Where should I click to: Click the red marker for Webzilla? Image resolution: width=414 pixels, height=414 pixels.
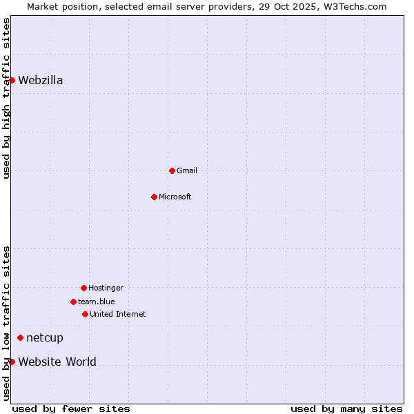tap(12, 80)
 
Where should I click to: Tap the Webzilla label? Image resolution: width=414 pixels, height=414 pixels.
tap(41, 80)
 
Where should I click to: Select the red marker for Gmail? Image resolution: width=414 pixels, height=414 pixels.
tap(172, 170)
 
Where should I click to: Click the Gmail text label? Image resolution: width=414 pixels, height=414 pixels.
tap(187, 170)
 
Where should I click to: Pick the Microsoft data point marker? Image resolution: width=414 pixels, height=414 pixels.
tap(154, 197)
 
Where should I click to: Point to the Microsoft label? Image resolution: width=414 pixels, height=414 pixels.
tap(175, 197)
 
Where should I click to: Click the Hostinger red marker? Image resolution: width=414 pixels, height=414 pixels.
tap(83, 288)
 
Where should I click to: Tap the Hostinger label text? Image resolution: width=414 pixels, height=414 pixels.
tap(106, 288)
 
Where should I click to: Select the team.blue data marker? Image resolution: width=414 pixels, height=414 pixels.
tap(73, 302)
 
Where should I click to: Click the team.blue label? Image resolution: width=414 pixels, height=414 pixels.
tap(97, 302)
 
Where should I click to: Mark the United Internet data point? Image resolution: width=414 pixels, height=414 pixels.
tap(85, 314)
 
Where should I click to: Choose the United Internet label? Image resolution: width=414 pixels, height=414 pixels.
tap(118, 314)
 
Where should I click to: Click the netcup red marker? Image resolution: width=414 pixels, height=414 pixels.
tap(20, 337)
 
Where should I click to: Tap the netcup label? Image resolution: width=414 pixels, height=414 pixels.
tap(45, 337)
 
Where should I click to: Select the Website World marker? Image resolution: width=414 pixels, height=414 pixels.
tap(12, 362)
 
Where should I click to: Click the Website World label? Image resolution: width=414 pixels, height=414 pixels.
tap(57, 362)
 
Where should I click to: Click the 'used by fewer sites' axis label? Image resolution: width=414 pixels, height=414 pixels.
tap(71, 408)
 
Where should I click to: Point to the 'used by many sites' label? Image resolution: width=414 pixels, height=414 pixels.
tap(346, 408)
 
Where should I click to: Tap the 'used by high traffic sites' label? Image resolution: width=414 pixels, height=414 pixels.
tap(6, 98)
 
